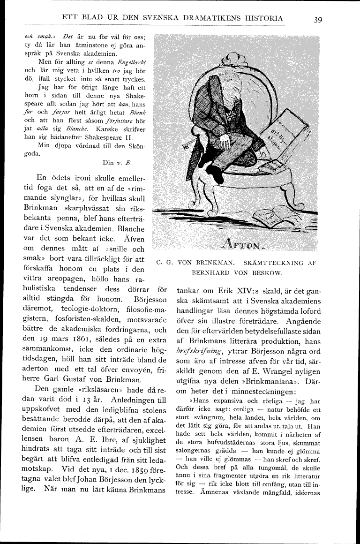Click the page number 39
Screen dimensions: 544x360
(x=318, y=20)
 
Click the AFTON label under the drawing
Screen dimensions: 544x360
(x=242, y=244)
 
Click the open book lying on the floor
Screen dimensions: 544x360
(x=275, y=215)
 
